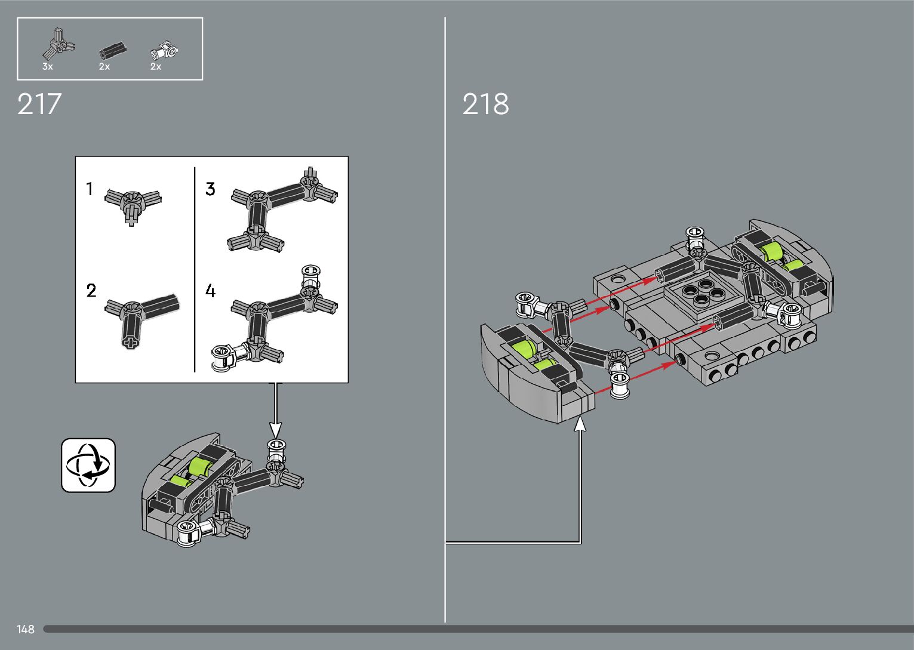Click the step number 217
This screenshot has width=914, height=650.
[39, 104]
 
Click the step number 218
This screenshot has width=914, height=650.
[485, 104]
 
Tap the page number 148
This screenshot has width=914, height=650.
[26, 629]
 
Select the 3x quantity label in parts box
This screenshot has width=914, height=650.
[48, 67]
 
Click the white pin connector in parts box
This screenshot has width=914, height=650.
[164, 51]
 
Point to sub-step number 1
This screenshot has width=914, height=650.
[90, 189]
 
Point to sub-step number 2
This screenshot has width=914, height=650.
[91, 291]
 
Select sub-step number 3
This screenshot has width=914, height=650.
[210, 189]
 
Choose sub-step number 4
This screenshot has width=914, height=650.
[210, 291]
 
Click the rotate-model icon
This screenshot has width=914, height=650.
[88, 466]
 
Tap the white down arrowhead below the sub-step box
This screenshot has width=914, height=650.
[275, 429]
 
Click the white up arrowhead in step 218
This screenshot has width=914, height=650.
[580, 423]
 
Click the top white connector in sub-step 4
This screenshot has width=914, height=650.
[310, 276]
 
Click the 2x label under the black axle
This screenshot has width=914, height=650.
[104, 67]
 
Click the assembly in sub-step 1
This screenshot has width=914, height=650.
[133, 203]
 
